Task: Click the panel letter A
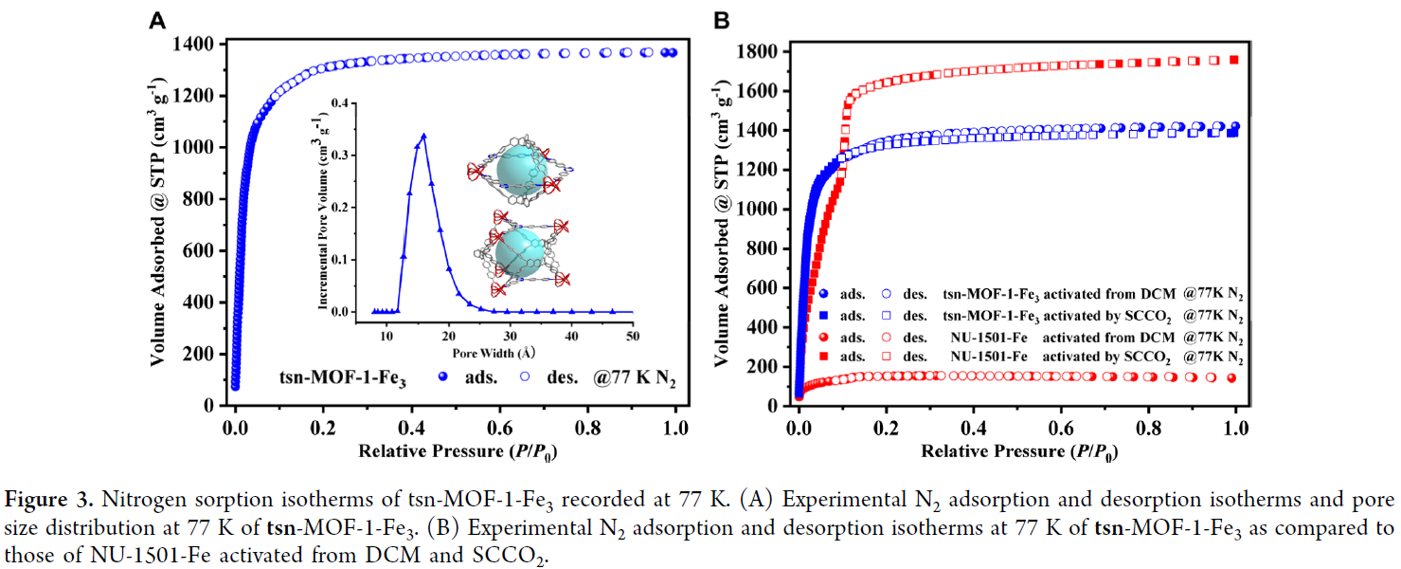click(159, 19)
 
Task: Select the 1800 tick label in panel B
click(761, 51)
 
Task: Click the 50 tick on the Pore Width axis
click(633, 337)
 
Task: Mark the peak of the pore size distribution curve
click(423, 136)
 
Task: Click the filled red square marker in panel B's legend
click(824, 357)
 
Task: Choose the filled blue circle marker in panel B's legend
click(824, 295)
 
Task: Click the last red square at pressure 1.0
click(1233, 59)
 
